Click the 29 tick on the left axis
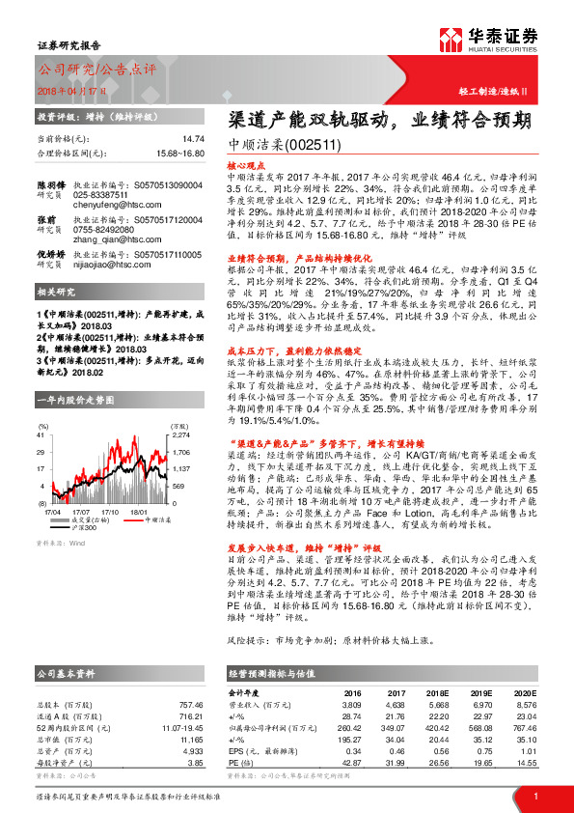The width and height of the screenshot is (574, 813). click(41, 451)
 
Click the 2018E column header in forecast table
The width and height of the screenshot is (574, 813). click(438, 692)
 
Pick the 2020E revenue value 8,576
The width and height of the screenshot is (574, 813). click(527, 705)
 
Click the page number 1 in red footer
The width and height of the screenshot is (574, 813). click(534, 796)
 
